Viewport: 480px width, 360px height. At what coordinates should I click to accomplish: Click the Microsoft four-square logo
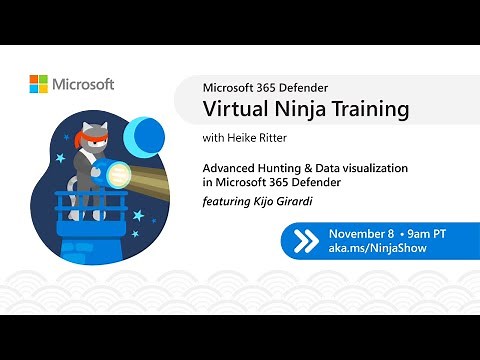click(x=39, y=85)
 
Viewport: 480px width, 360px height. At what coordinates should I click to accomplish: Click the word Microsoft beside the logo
click(x=84, y=85)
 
